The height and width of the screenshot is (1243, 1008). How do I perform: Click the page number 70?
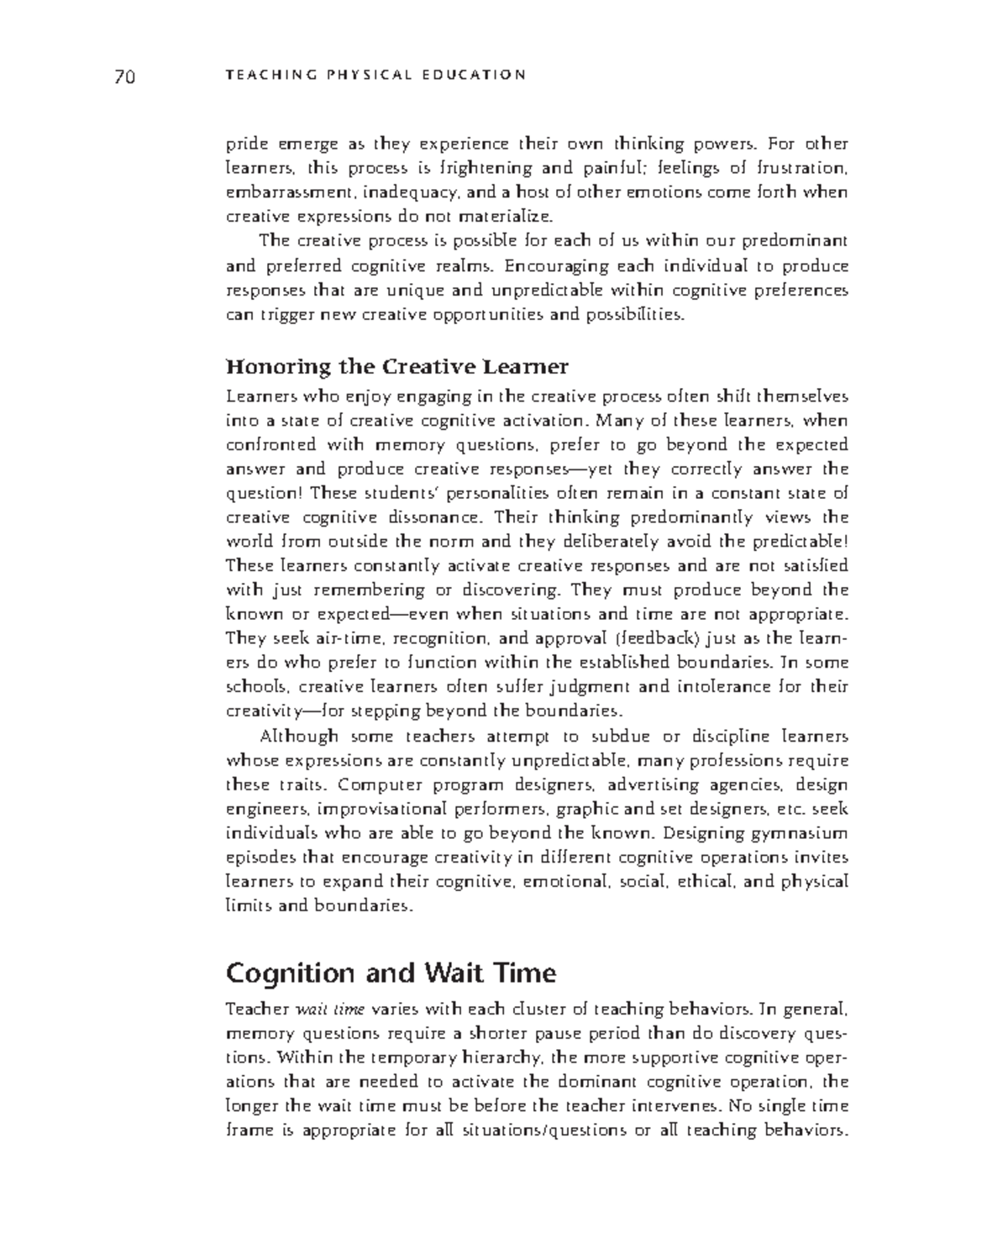click(x=124, y=77)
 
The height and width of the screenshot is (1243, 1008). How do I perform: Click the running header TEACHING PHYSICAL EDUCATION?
click(x=375, y=75)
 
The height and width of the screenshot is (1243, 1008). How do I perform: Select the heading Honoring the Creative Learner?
click(x=396, y=367)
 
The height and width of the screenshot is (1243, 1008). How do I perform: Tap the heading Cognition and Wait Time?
click(x=391, y=973)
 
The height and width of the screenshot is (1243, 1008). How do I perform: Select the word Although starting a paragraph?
click(x=297, y=737)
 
